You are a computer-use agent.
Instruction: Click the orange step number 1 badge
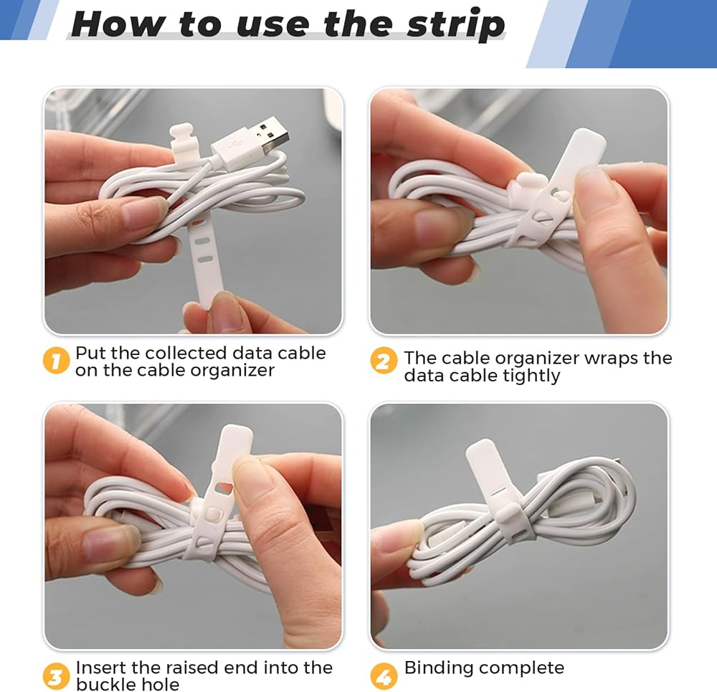56,361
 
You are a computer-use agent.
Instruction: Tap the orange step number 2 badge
384,361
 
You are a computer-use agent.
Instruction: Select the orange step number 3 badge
56,676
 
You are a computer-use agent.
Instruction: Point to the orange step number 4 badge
384,676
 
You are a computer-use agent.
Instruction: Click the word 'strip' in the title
456,25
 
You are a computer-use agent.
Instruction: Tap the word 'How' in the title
119,24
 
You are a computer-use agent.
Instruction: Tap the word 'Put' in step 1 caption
90,353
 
